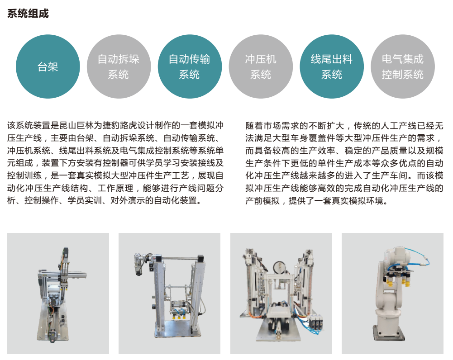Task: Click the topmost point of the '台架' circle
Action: (x=48, y=35)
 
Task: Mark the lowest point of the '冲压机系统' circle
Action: (x=261, y=99)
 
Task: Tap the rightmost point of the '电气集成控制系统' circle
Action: (x=435, y=66)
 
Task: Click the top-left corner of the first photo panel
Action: (x=7, y=233)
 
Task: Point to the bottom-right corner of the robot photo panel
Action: (x=443, y=354)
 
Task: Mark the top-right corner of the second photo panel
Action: (x=220, y=233)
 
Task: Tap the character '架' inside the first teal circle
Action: (x=53, y=66)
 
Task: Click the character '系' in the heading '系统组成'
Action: (x=12, y=14)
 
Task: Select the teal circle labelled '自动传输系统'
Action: (x=190, y=66)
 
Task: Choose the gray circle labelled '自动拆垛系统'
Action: (x=119, y=66)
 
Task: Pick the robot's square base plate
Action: (x=389, y=333)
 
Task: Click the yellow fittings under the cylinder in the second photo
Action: (x=179, y=317)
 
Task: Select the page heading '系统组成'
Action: (x=28, y=14)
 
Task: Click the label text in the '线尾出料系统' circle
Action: (x=332, y=66)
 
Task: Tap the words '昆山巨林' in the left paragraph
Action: (x=76, y=125)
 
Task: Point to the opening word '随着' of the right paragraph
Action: (x=254, y=126)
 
